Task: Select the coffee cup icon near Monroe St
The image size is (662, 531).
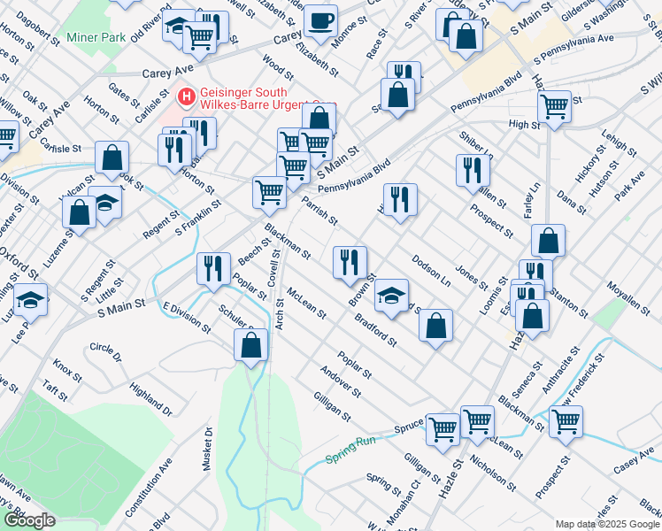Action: click(319, 19)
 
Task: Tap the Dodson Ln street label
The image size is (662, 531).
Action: click(432, 271)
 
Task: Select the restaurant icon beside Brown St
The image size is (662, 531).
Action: click(350, 261)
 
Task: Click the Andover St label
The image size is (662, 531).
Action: click(341, 380)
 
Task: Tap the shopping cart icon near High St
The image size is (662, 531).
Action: click(554, 106)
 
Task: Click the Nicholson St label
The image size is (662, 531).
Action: click(493, 473)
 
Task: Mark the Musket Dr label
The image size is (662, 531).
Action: click(209, 450)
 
